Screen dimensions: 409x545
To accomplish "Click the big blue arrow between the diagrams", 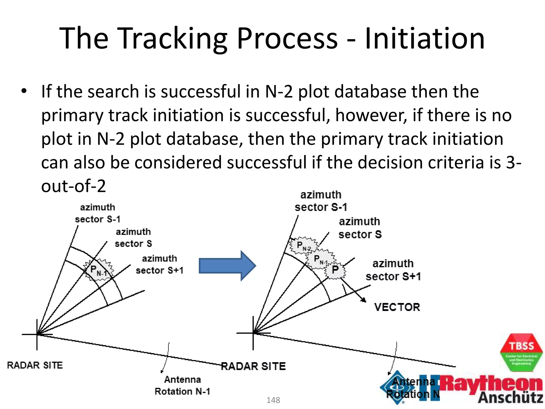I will [226, 266].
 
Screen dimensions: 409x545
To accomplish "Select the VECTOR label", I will [397, 307].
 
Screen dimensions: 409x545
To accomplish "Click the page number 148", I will [273, 400].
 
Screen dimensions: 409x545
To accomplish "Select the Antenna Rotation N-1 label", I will [183, 385].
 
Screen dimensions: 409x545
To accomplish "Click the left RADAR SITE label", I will [35, 365].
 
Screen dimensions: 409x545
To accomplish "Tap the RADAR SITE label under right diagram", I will [253, 366].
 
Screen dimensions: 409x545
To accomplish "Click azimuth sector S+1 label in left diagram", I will [160, 264].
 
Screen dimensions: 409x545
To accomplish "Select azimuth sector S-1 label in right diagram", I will [321, 201].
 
